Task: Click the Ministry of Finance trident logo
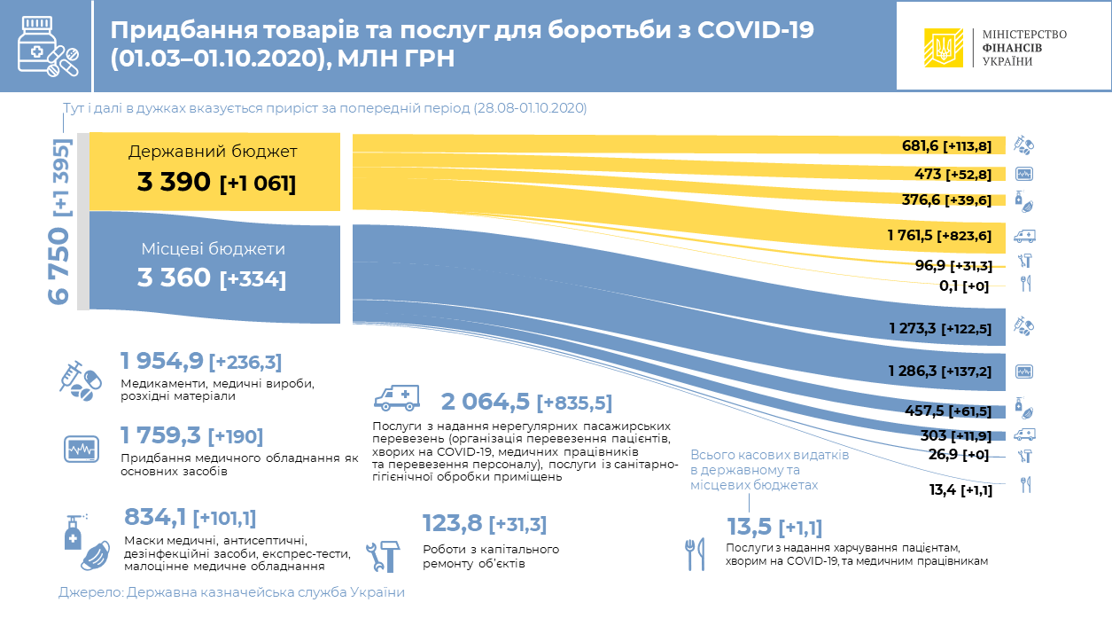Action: point(944,47)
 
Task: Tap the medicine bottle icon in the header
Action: point(46,46)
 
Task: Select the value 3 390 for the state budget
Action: point(174,183)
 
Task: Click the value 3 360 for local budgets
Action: point(174,278)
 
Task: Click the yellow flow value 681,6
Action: point(919,145)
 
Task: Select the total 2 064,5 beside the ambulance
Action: point(485,402)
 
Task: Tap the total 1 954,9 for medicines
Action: point(162,360)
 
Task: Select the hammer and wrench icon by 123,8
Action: point(384,554)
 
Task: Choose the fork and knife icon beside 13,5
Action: point(694,553)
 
